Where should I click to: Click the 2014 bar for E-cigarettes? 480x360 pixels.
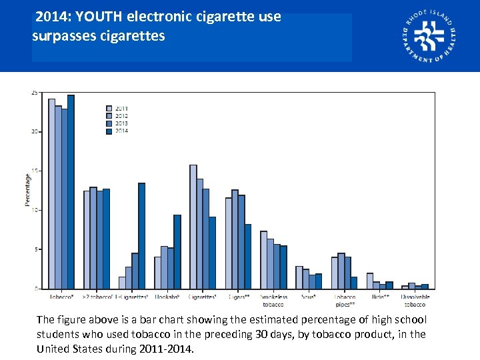pyautogui.click(x=141, y=236)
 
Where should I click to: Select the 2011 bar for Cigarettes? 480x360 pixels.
pyautogui.click(x=193, y=227)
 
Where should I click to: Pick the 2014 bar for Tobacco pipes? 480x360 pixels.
pyautogui.click(x=354, y=283)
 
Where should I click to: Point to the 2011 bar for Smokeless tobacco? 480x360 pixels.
pyautogui.click(x=263, y=260)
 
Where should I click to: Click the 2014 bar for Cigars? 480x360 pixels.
pyautogui.click(x=248, y=257)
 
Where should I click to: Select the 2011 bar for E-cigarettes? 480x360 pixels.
pyautogui.click(x=122, y=283)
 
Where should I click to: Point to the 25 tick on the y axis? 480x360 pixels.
pyautogui.click(x=34, y=93)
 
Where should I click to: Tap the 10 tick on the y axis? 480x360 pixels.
pyautogui.click(x=34, y=210)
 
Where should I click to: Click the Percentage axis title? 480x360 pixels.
pyautogui.click(x=28, y=190)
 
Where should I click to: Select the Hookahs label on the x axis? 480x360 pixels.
pyautogui.click(x=166, y=297)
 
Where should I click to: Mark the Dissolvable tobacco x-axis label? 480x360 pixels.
pyautogui.click(x=415, y=301)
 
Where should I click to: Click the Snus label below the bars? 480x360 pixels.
pyautogui.click(x=308, y=297)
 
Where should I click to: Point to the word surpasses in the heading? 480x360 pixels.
pyautogui.click(x=64, y=35)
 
